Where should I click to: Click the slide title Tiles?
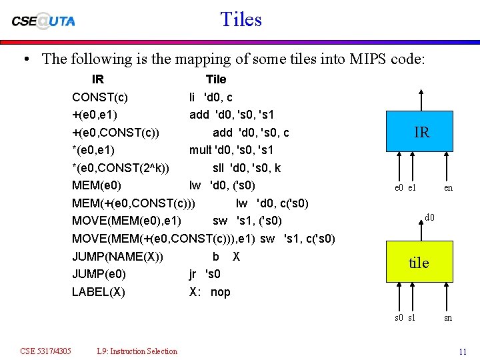click(241, 19)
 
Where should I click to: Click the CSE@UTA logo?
click(43, 21)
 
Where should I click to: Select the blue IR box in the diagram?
click(421, 133)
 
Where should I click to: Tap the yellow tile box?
click(419, 263)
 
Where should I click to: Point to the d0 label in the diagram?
click(430, 217)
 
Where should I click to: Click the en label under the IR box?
click(448, 188)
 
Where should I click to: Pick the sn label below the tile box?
click(448, 318)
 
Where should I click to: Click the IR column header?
click(97, 79)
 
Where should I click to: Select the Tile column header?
click(216, 79)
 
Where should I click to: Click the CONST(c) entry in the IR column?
click(100, 97)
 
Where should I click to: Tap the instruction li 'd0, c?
click(211, 97)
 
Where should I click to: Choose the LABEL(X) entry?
click(98, 292)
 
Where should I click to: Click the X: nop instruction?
click(210, 292)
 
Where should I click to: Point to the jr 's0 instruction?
click(205, 274)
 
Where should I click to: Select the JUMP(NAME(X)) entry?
click(118, 257)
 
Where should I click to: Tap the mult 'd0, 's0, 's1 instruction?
click(231, 150)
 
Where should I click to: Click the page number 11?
click(462, 351)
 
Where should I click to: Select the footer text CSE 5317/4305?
click(46, 351)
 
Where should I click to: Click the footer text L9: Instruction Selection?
click(137, 351)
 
